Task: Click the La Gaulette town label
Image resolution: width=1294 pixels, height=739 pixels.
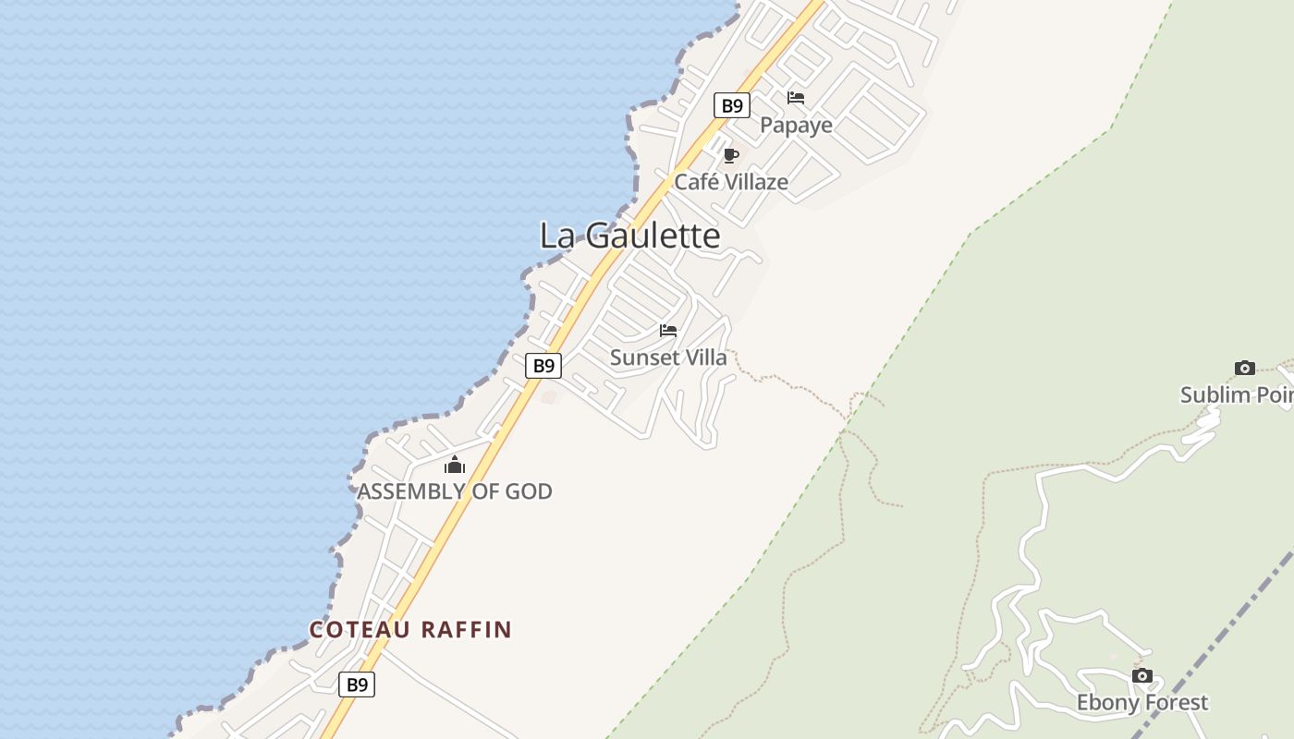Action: pyautogui.click(x=629, y=236)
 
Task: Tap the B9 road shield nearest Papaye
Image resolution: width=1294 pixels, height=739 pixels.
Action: pyautogui.click(x=731, y=105)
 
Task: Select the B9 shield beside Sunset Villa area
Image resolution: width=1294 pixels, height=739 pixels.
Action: pyautogui.click(x=543, y=365)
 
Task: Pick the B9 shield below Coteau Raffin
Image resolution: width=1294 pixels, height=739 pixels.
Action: pyautogui.click(x=357, y=684)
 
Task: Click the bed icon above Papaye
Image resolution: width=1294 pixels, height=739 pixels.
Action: pyautogui.click(x=796, y=97)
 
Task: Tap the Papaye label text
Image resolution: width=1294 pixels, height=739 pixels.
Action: pyautogui.click(x=796, y=125)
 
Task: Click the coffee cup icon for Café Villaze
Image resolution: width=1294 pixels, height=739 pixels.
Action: pyautogui.click(x=731, y=155)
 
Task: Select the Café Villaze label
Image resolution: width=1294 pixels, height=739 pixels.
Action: pyautogui.click(x=731, y=182)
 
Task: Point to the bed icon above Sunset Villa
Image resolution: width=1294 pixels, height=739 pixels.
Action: pyautogui.click(x=668, y=331)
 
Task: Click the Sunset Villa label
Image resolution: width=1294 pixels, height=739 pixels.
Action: pyautogui.click(x=668, y=357)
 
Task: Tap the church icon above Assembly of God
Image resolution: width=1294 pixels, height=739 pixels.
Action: pyautogui.click(x=454, y=465)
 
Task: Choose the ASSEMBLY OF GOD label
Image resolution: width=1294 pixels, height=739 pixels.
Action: pyautogui.click(x=455, y=491)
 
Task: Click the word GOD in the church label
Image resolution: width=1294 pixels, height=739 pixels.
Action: pyautogui.click(x=529, y=491)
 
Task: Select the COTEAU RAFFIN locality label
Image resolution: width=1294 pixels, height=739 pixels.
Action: pyautogui.click(x=410, y=630)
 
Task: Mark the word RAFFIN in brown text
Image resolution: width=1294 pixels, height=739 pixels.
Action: pyautogui.click(x=466, y=630)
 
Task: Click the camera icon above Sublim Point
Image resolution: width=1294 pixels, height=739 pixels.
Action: pyautogui.click(x=1245, y=368)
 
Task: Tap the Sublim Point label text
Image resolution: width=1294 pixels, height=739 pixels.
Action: pyautogui.click(x=1237, y=395)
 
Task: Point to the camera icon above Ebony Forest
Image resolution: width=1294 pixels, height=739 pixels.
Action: pyautogui.click(x=1142, y=675)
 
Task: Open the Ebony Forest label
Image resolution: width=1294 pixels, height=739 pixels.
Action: pyautogui.click(x=1142, y=703)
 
